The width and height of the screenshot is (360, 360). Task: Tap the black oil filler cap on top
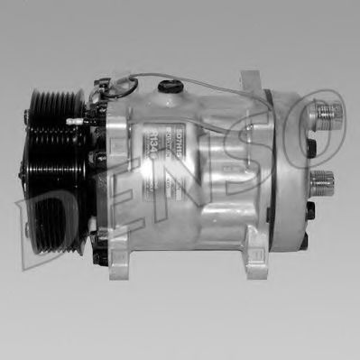click(x=166, y=87)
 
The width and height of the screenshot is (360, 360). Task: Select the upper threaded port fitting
click(x=327, y=115)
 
